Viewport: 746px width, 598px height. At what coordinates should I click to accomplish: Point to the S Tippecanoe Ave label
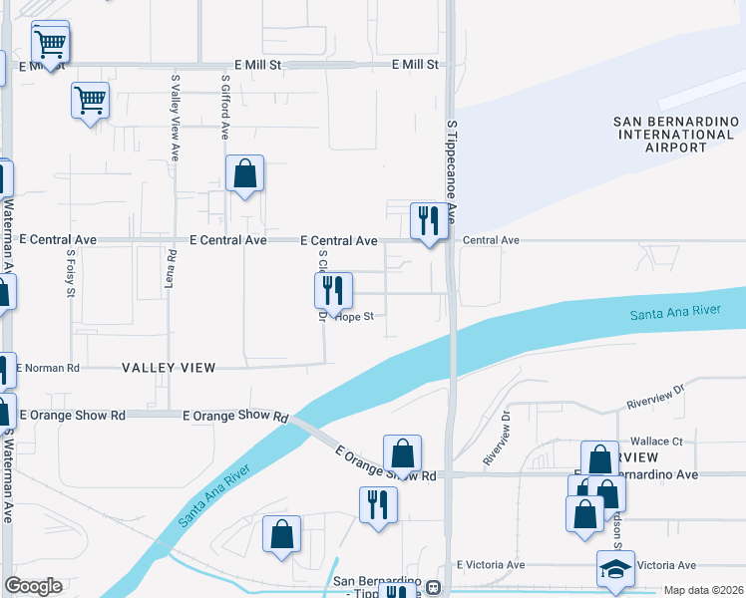coord(451,171)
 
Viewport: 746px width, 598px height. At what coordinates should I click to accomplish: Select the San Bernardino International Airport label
coord(673,135)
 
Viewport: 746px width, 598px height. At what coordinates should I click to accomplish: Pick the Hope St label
coord(354,317)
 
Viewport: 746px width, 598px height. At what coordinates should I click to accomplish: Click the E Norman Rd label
coord(46,368)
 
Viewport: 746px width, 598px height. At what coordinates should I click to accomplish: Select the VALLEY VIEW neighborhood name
coord(169,368)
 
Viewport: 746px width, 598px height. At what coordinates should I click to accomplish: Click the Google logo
coord(33,586)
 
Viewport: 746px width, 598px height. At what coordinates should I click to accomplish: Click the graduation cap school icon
coord(615,570)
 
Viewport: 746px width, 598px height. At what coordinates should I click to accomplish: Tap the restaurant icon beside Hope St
coord(332,290)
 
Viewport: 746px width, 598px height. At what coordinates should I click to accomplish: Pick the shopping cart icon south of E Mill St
coord(90,100)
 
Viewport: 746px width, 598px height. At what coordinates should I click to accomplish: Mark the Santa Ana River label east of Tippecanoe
coord(675,313)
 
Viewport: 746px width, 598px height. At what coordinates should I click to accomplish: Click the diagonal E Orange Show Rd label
coord(386,464)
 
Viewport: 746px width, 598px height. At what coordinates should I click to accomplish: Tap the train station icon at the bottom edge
coord(434,588)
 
